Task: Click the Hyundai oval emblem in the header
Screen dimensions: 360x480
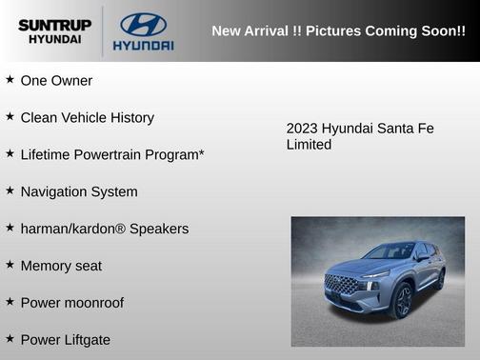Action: coord(143,24)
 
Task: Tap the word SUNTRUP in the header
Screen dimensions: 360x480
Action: coord(53,24)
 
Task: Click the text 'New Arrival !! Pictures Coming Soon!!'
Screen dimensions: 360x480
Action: coord(338,30)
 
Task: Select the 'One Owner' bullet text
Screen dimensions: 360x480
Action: coord(56,81)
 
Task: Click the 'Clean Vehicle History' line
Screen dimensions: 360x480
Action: coord(87,118)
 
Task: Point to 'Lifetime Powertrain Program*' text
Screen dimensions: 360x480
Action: coord(112,154)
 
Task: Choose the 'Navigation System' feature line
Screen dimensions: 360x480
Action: coord(79,191)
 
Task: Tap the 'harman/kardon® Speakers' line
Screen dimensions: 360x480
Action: coord(105,229)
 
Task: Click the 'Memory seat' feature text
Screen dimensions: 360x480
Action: coord(61,266)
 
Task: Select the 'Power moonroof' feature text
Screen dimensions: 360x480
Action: coord(71,303)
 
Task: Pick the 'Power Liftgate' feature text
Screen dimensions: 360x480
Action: coord(65,340)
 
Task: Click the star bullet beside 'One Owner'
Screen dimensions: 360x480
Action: coord(10,80)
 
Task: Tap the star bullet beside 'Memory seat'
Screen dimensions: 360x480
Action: coord(10,265)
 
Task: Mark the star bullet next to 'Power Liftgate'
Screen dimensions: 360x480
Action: coord(10,339)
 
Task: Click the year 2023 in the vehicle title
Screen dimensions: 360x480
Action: coord(302,129)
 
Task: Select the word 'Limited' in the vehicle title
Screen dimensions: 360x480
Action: coord(309,145)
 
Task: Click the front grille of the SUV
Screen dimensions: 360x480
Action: coord(342,285)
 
